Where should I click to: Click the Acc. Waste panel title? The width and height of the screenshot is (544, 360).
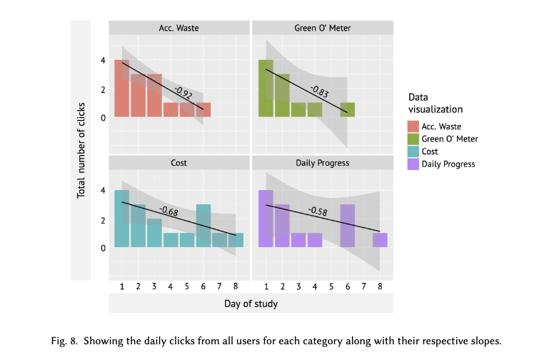coord(178,29)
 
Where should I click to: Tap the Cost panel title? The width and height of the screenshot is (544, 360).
coord(178,163)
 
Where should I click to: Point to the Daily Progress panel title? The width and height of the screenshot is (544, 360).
coord(322,163)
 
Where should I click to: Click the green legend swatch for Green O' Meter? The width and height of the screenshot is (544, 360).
coord(413,139)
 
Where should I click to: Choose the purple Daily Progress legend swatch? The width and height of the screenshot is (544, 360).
coord(413,164)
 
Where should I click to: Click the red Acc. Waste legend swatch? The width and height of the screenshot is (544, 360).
coord(413,126)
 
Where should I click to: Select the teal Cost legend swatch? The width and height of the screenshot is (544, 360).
coord(413,151)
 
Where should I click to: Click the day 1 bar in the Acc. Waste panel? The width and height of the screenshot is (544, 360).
coord(122,89)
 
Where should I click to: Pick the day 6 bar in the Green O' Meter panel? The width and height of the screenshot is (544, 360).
coord(347,110)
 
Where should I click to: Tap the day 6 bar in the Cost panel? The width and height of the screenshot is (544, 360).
coord(203,226)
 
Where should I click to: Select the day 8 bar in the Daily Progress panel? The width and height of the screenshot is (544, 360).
coord(380,240)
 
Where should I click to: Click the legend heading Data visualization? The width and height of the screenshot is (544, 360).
coord(435,103)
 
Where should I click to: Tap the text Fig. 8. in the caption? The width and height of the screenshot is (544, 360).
coord(68,341)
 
